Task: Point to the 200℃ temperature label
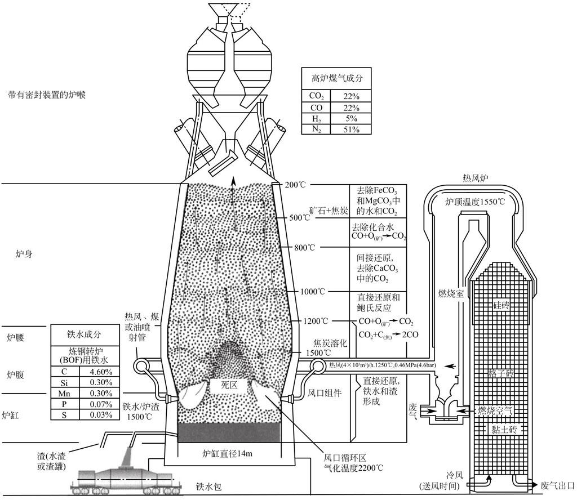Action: click(x=296, y=185)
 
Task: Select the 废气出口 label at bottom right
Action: click(x=557, y=485)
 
